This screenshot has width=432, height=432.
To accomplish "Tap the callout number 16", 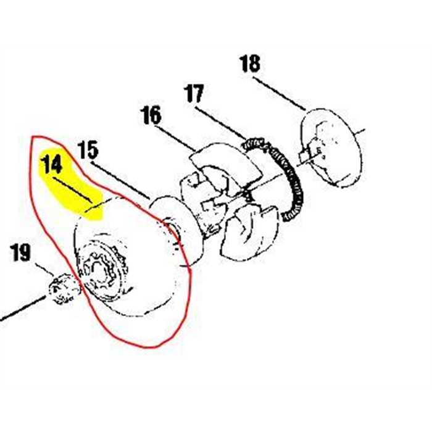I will point(151,115).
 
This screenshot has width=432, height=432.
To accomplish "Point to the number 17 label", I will point(193,94).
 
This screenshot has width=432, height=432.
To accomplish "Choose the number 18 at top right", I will point(249,64).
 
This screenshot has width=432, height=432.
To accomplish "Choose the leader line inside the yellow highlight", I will point(73,190).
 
